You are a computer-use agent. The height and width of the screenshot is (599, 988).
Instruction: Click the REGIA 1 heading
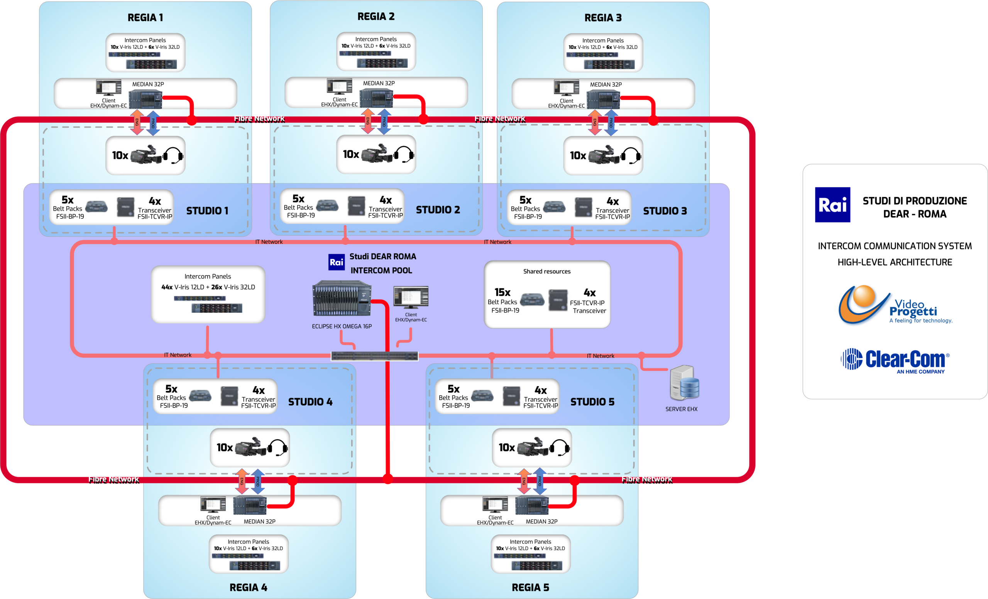point(145,18)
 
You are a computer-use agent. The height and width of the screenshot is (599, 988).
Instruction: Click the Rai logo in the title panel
point(832,205)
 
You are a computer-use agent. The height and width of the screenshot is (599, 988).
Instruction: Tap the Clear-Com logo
point(895,360)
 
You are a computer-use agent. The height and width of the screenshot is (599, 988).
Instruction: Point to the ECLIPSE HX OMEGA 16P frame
point(342,299)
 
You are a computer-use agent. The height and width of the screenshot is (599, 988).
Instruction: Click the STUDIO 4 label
point(310,402)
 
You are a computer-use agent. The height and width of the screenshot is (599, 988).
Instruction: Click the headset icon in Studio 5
point(560,447)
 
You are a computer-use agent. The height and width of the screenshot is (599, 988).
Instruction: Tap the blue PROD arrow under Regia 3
point(611,123)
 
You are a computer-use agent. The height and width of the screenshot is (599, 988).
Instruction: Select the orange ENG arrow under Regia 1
point(137,122)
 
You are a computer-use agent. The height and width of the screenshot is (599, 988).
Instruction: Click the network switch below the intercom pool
point(374,356)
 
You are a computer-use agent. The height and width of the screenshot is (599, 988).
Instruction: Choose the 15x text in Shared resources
point(502,292)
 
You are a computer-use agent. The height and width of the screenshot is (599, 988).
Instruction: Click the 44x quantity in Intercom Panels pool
point(167,287)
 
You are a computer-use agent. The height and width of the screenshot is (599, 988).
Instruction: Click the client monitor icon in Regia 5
point(495,505)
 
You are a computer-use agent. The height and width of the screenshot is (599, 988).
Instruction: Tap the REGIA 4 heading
point(248,587)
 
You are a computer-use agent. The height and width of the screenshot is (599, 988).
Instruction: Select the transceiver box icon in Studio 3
point(584,207)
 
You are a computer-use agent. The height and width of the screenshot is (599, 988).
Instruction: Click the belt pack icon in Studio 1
point(96,207)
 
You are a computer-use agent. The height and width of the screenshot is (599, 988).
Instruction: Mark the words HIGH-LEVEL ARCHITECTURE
point(895,262)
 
